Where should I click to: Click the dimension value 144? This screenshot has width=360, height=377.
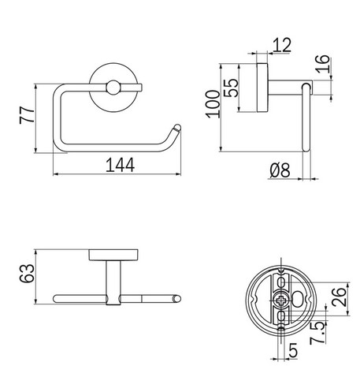point(118,165)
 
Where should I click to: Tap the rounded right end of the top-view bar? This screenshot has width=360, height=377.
point(178,298)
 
